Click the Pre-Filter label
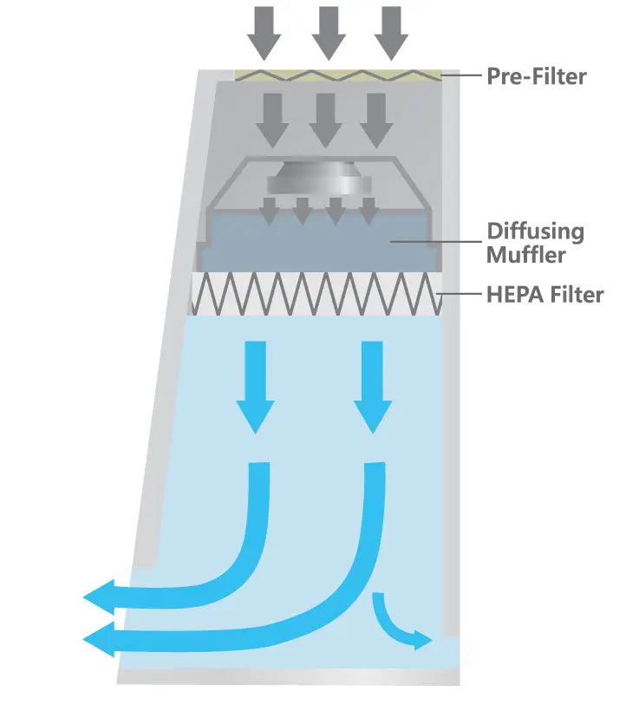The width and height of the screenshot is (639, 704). pos(536,76)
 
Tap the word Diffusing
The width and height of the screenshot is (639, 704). pos(535,232)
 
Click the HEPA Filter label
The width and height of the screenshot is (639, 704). pos(544,295)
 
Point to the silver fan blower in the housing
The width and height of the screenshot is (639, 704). pos(318,180)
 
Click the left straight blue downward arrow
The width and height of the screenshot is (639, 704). pos(255,386)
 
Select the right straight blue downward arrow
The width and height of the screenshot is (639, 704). pos(373,386)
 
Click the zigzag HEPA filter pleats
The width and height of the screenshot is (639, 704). pos(316,295)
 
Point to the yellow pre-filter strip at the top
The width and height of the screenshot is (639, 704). pos(338,75)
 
